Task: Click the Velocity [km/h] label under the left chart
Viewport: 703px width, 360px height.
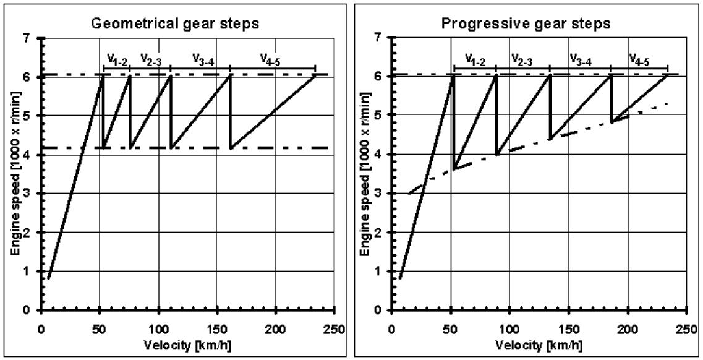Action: pyautogui.click(x=188, y=344)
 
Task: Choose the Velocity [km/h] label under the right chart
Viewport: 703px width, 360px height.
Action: pyautogui.click(x=539, y=344)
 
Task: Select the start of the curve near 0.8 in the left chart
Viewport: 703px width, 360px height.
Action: pyautogui.click(x=48, y=279)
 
